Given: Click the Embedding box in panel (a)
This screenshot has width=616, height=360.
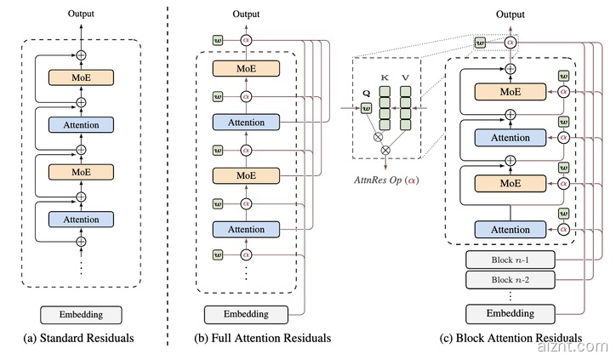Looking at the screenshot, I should click(x=82, y=314).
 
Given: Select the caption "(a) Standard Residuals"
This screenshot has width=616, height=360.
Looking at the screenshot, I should click(x=82, y=340).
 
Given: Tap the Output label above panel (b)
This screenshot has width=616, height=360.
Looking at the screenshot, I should click(x=246, y=15).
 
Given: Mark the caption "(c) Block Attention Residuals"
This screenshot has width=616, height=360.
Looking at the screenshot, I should click(x=510, y=340).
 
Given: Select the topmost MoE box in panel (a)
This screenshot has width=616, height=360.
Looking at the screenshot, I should click(x=82, y=77).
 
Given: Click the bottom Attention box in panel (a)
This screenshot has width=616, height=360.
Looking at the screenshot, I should click(x=82, y=219).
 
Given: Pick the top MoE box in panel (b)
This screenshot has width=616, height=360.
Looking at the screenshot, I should click(x=246, y=67).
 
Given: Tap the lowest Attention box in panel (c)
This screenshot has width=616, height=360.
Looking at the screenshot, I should click(x=510, y=229).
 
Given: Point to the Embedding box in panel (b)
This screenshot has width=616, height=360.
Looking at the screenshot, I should click(x=246, y=313).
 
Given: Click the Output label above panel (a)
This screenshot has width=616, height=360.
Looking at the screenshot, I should click(x=82, y=15).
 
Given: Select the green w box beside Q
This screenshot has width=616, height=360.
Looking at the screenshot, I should click(x=367, y=108).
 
